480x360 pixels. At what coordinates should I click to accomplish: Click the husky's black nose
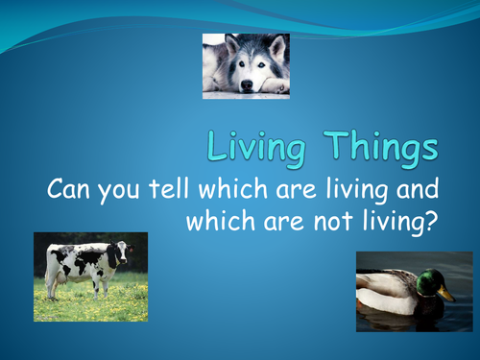pos(247,86)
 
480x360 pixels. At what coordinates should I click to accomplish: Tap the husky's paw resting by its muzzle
pos(273,85)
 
